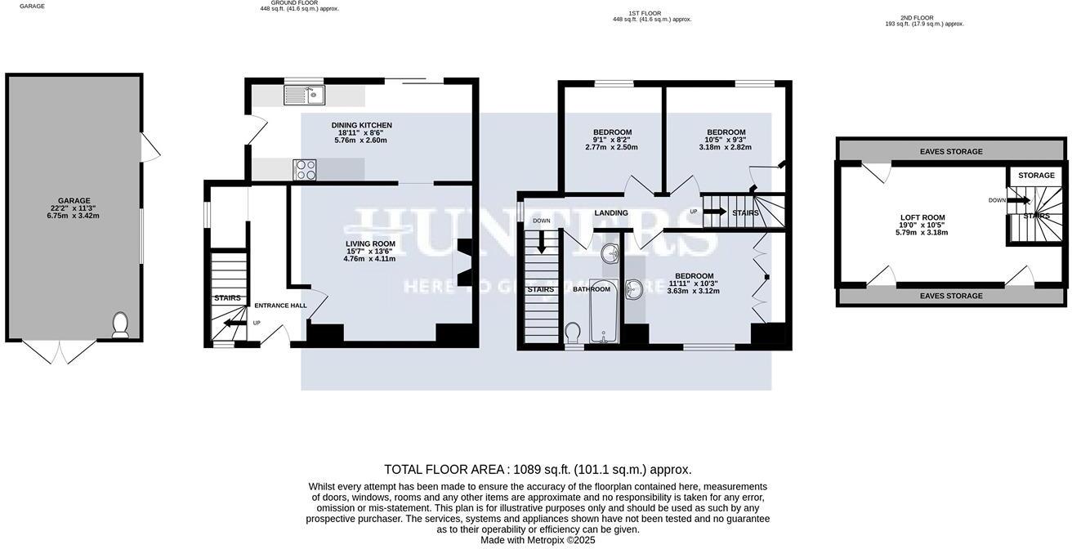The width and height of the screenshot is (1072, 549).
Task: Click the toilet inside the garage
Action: [x=120, y=324]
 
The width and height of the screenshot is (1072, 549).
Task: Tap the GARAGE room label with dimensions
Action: [x=74, y=208]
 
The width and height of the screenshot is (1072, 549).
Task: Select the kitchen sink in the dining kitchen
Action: [x=304, y=96]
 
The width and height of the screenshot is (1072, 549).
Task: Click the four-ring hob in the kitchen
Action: [x=305, y=169]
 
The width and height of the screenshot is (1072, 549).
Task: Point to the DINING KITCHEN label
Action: [x=361, y=132]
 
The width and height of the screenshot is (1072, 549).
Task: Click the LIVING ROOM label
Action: [x=369, y=251]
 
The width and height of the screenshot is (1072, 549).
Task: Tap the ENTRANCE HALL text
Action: [x=280, y=306]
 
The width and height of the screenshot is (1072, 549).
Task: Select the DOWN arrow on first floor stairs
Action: [x=541, y=243]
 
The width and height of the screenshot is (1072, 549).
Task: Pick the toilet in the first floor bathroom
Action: [x=573, y=332]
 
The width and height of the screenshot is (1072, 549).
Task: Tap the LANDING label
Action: [x=611, y=213]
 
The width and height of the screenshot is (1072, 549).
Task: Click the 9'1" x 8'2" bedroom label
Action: [x=612, y=140]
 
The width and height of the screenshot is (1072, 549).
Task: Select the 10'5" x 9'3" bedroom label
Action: [x=726, y=140]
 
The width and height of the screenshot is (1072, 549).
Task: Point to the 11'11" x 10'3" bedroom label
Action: [x=694, y=283]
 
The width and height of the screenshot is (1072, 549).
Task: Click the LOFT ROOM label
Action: [x=922, y=225]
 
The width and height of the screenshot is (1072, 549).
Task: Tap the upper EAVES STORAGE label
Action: [x=951, y=151]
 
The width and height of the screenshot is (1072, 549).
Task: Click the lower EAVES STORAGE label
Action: [x=951, y=296]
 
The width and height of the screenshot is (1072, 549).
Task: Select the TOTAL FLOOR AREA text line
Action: [x=538, y=470]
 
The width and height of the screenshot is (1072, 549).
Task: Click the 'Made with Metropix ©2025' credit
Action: [x=538, y=540]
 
